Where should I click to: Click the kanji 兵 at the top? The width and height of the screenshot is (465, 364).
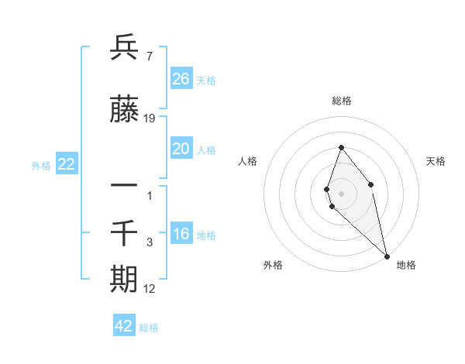[x=124, y=48]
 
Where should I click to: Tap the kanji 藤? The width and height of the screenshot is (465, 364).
[x=124, y=111]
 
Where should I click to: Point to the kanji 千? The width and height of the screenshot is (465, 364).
[x=124, y=232]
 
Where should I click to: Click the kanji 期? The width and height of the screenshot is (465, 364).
[x=124, y=279]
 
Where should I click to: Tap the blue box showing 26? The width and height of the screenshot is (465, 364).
[x=181, y=78]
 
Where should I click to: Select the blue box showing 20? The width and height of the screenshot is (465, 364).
[x=181, y=149]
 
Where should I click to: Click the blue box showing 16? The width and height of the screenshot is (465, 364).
[x=181, y=234]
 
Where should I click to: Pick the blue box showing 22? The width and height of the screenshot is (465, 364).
[x=66, y=163]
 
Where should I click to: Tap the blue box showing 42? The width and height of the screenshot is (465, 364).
[x=124, y=326]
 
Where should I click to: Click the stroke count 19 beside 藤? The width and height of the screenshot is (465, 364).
[x=150, y=118]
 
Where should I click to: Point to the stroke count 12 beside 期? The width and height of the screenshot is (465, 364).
[x=150, y=289]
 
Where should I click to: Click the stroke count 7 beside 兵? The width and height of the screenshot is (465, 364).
[x=148, y=56]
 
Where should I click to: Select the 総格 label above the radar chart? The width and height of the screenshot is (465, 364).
[x=341, y=101]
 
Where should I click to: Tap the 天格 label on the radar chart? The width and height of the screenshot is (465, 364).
[x=436, y=161]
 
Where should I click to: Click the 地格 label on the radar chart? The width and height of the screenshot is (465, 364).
[x=406, y=265]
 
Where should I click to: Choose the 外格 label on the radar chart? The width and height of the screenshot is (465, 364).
[x=273, y=265]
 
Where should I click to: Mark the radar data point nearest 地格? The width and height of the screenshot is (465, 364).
[x=387, y=256]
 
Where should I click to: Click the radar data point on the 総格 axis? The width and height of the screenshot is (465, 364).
[x=341, y=147]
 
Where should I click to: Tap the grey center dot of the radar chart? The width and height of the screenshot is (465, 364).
[x=341, y=193]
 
